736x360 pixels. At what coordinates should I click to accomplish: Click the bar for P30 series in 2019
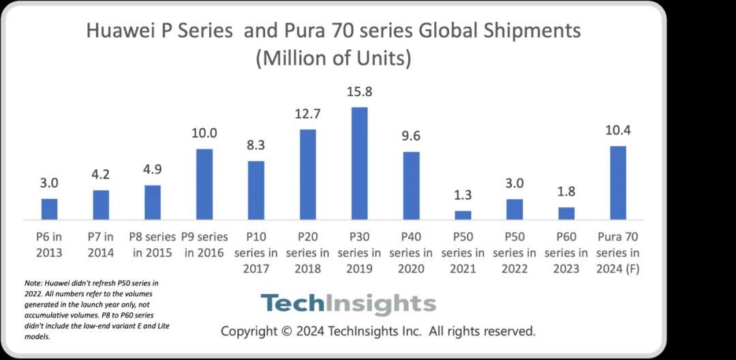pos(359,164)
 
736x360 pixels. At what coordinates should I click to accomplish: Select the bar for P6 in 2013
pos(50,209)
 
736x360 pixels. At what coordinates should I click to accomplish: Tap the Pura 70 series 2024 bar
pos(617,183)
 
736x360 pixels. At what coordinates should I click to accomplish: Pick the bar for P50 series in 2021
pos(463,215)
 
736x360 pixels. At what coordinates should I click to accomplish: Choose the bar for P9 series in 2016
pos(204,184)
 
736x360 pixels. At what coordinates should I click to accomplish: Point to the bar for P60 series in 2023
pos(566,213)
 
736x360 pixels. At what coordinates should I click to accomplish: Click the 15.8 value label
pos(359,92)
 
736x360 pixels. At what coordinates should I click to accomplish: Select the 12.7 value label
pos(307,114)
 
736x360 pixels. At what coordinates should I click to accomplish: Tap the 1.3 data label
pos(463,196)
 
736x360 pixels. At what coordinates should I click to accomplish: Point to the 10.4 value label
pos(617,131)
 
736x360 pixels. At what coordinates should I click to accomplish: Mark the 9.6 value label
pos(411,136)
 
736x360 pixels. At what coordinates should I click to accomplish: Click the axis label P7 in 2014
pos(101,244)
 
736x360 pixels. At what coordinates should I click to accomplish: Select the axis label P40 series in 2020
pos(411,252)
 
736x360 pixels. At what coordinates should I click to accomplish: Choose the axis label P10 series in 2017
pos(256,252)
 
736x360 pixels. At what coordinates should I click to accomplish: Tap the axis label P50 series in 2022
pos(515,252)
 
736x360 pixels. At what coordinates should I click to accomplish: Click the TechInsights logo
pos(348,303)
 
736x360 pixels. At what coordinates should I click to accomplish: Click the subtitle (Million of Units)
pos(333,59)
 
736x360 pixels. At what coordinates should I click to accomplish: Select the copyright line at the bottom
pos(378,331)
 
